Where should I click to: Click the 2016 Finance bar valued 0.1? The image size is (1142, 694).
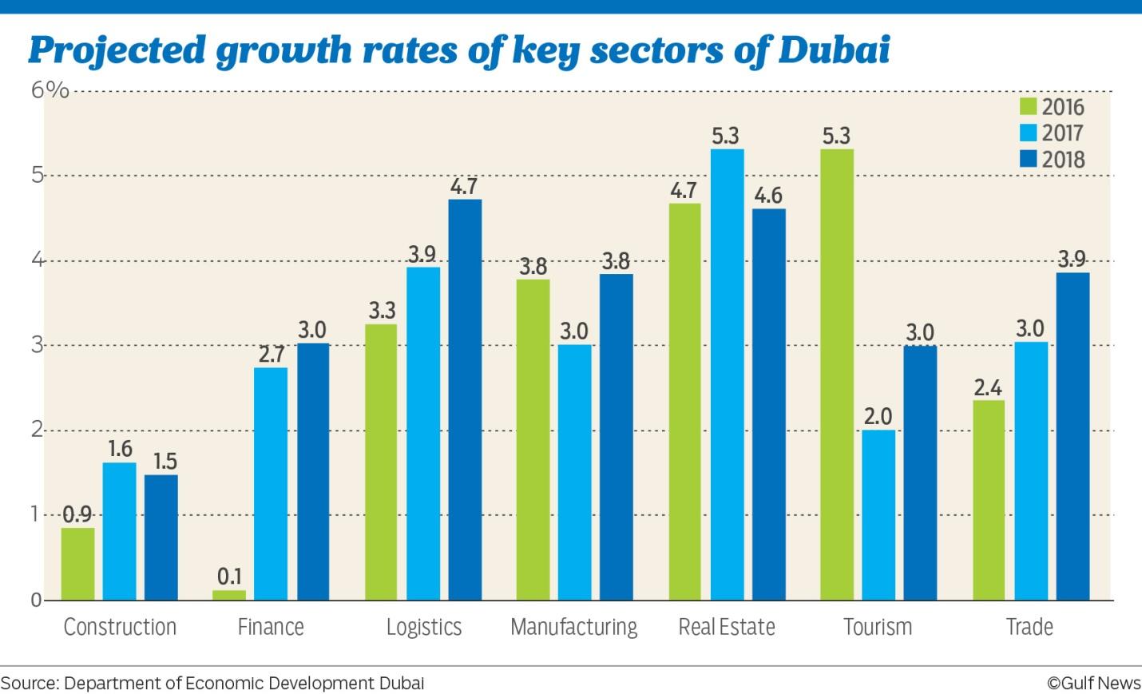tap(229, 595)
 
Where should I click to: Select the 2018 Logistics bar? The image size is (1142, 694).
tap(465, 399)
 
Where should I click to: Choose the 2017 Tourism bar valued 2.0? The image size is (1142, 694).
tap(878, 515)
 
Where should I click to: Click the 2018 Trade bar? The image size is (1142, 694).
tap(1073, 436)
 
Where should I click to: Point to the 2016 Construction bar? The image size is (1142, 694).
tap(77, 564)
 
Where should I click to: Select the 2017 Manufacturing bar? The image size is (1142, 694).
tap(575, 472)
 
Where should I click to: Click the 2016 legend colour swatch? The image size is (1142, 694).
tap(1028, 107)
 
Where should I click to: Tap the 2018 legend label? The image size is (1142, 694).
tap(1063, 160)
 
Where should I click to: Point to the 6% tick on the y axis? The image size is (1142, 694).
tap(50, 89)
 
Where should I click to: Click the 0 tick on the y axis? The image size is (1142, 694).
tap(36, 600)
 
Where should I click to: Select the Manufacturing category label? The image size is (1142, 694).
tap(573, 627)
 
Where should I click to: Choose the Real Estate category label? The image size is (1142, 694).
tap(727, 627)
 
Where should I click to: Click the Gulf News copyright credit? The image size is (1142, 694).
tap(1094, 683)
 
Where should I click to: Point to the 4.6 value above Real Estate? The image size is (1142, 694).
tap(768, 196)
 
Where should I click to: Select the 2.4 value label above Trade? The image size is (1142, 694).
tap(988, 388)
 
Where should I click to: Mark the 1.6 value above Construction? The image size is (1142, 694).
tap(120, 450)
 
